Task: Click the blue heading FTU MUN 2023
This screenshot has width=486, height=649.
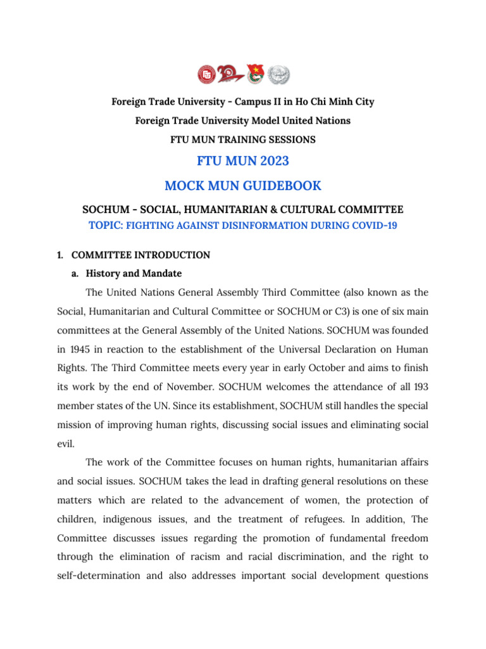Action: click(x=243, y=161)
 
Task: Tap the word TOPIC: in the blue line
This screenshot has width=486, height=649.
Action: click(x=106, y=225)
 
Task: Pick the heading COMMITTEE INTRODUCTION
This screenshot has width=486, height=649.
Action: click(x=140, y=255)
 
